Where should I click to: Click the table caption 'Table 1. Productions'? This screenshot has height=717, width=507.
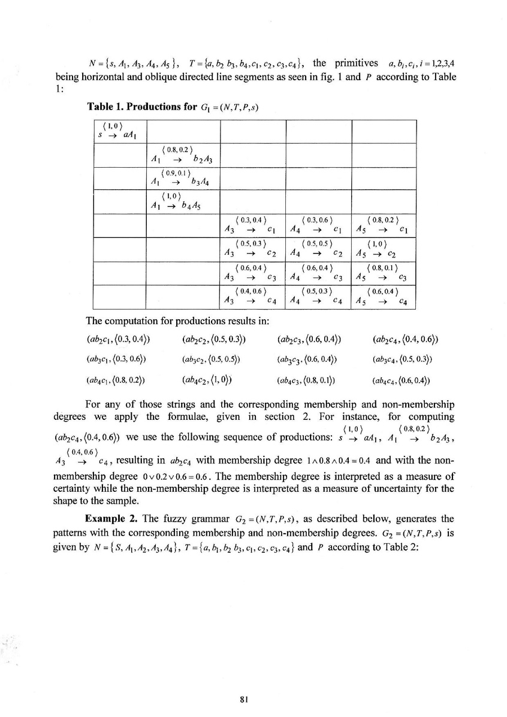click(141, 107)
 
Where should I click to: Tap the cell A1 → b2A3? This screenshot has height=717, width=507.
click(183, 155)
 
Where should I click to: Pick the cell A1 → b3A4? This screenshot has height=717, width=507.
click(183, 179)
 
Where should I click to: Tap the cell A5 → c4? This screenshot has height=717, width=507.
click(384, 297)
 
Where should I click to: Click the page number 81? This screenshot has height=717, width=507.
click(253, 698)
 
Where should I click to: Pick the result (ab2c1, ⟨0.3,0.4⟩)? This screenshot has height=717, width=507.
click(117, 340)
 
